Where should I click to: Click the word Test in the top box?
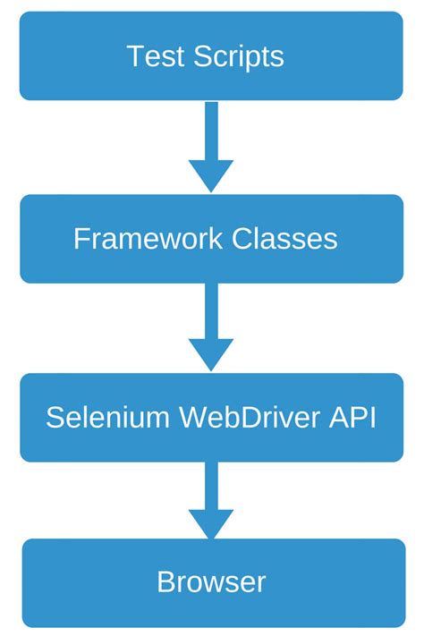pyautogui.click(x=154, y=56)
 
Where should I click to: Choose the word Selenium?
pyautogui.click(x=107, y=418)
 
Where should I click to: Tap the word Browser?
pyautogui.click(x=211, y=582)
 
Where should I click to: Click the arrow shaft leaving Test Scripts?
pyautogui.click(x=211, y=130)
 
